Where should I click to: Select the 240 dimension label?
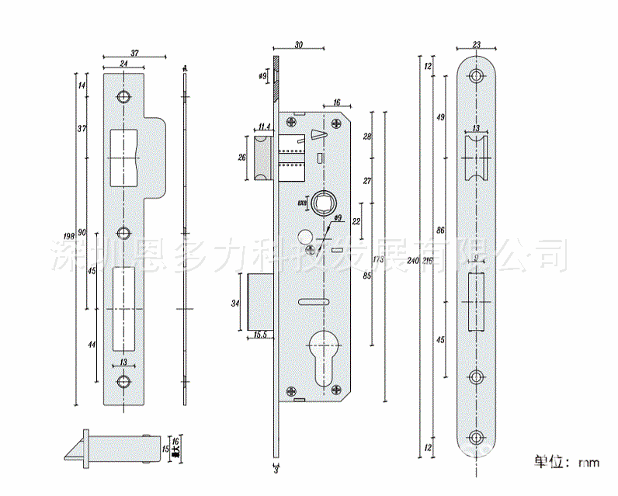pyautogui.click(x=411, y=260)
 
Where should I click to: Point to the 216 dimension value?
pyautogui.click(x=425, y=260)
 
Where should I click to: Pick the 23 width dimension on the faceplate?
pyautogui.click(x=476, y=45)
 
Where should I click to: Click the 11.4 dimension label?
pyautogui.click(x=264, y=127)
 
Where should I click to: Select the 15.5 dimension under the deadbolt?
pyautogui.click(x=262, y=335)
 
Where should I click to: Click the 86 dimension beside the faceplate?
pyautogui.click(x=439, y=231)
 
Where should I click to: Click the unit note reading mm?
pyautogui.click(x=588, y=463)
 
